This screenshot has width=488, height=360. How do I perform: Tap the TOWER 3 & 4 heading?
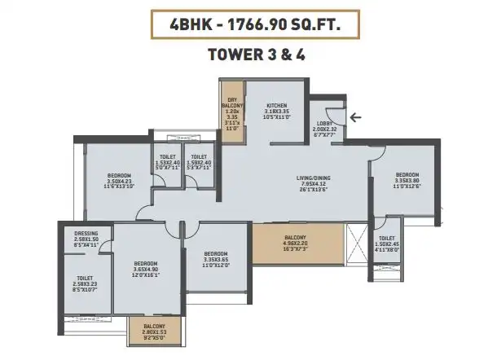click(x=244, y=58)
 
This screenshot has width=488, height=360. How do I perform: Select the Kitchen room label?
click(x=279, y=105)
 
